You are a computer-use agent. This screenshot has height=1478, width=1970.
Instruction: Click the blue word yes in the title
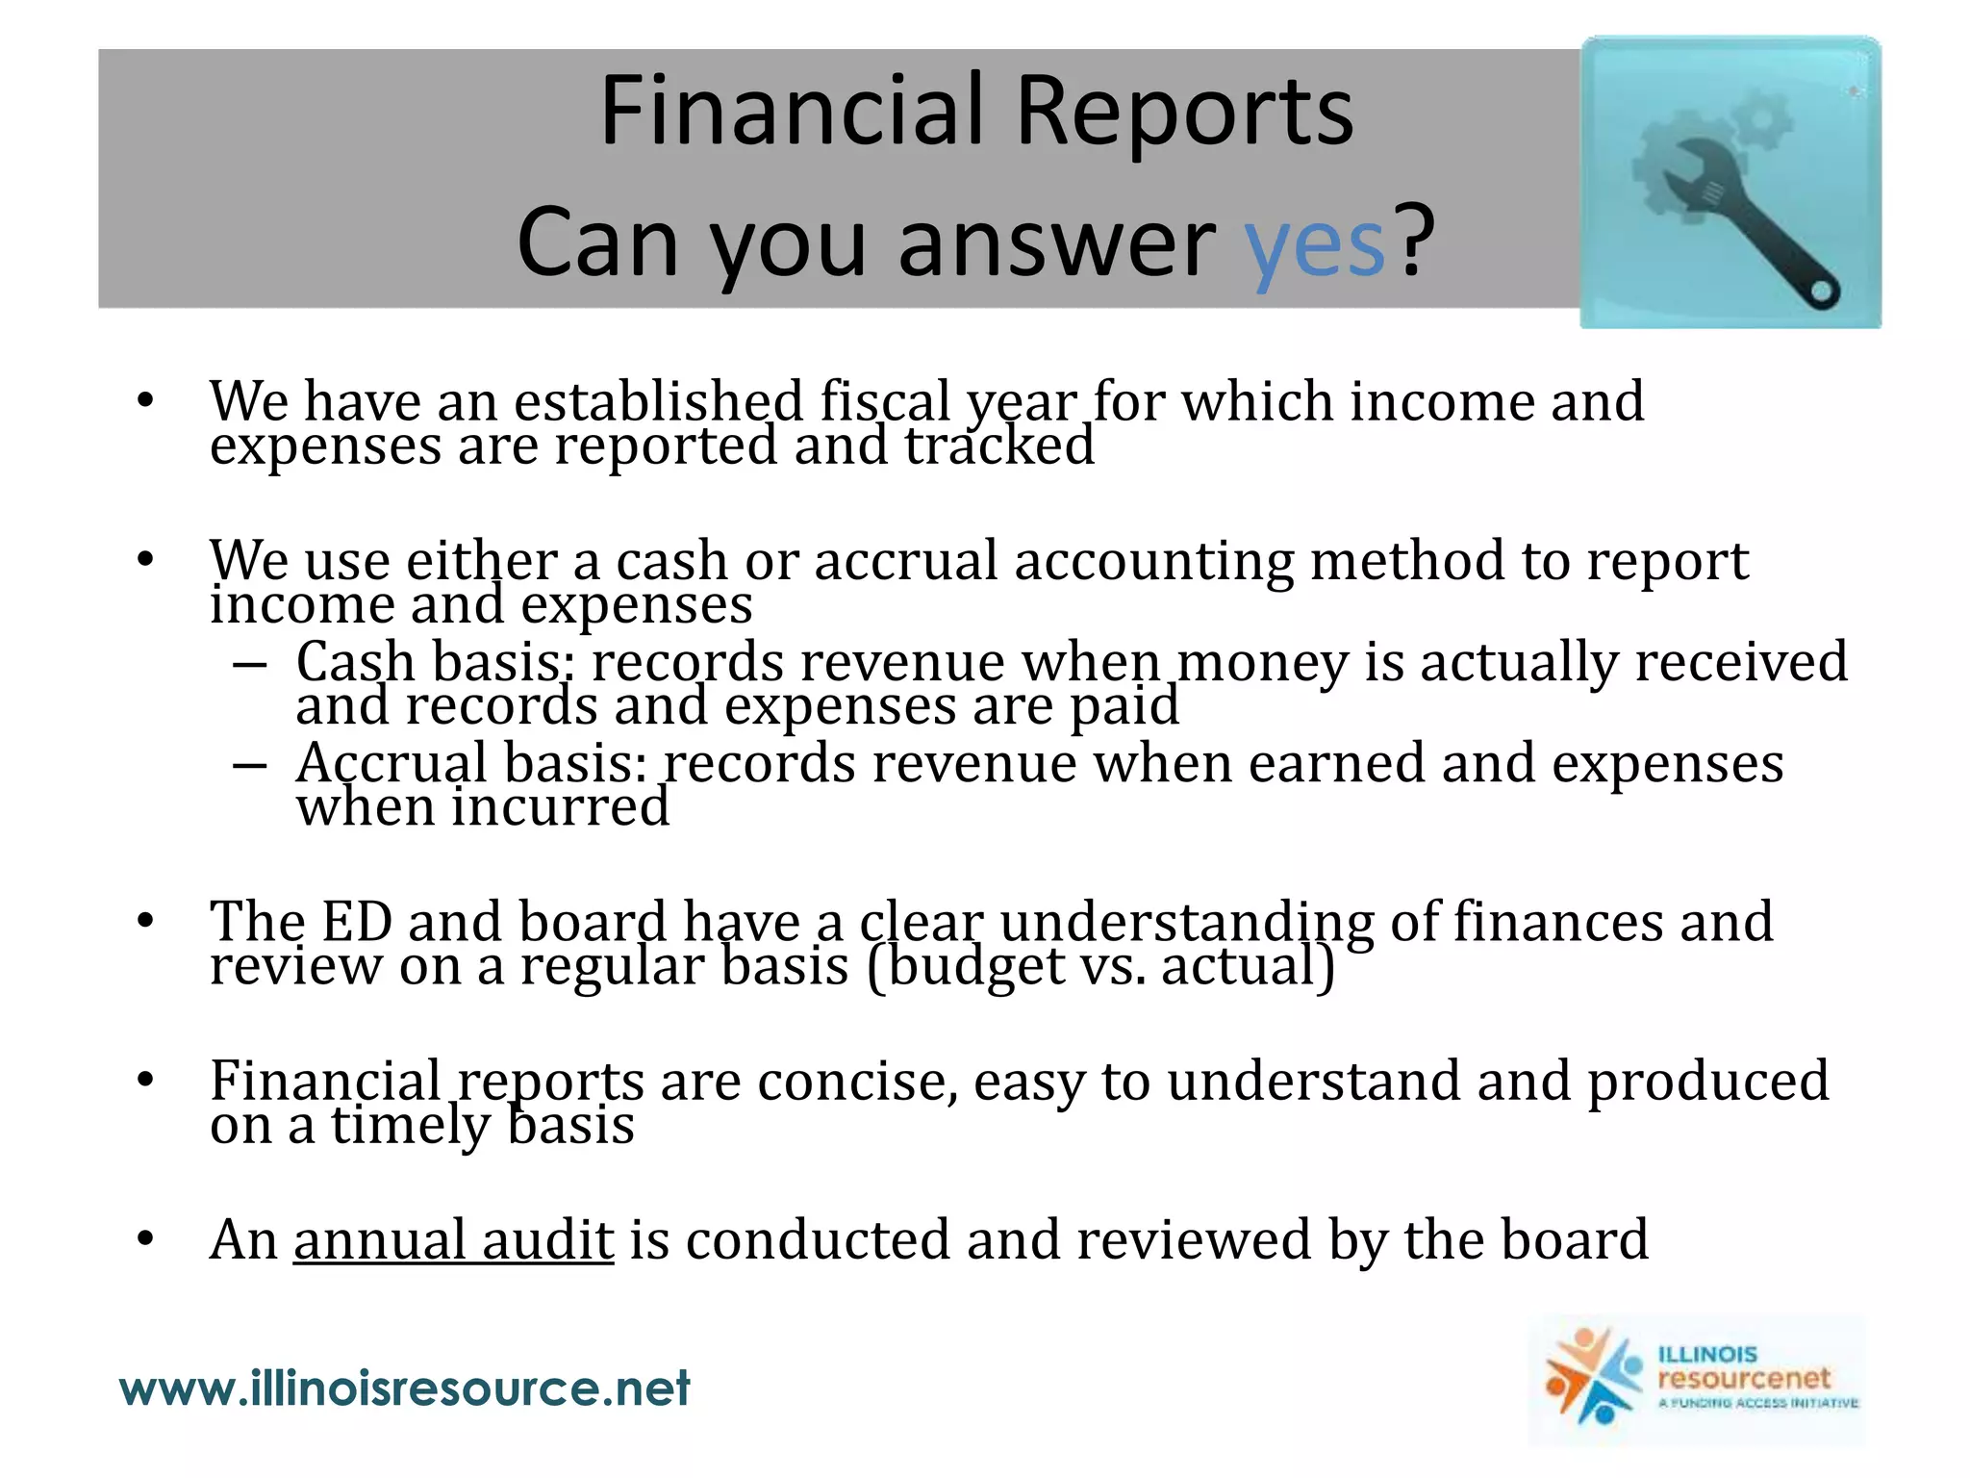click(x=1314, y=245)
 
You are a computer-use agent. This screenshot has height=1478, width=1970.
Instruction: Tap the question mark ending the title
click(x=1416, y=241)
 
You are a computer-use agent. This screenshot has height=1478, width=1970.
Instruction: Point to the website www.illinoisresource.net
click(x=404, y=1389)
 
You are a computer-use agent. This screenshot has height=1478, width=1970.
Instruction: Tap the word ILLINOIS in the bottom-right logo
click(x=1707, y=1354)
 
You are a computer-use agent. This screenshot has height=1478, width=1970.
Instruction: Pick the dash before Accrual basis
click(x=249, y=766)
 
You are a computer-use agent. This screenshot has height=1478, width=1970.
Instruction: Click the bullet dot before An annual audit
click(x=145, y=1239)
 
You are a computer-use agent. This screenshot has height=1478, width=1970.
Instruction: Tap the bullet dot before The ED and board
click(x=145, y=922)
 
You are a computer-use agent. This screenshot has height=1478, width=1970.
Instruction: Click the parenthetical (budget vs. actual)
click(x=1100, y=966)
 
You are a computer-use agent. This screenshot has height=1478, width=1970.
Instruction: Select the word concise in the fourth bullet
click(x=856, y=1082)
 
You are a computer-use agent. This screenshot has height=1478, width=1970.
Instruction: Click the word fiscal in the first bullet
click(x=884, y=401)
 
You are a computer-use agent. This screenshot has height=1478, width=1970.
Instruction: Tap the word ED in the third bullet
click(x=356, y=922)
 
